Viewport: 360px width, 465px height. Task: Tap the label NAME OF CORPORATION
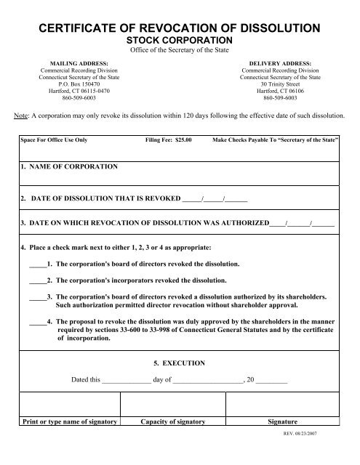pos(69,166)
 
